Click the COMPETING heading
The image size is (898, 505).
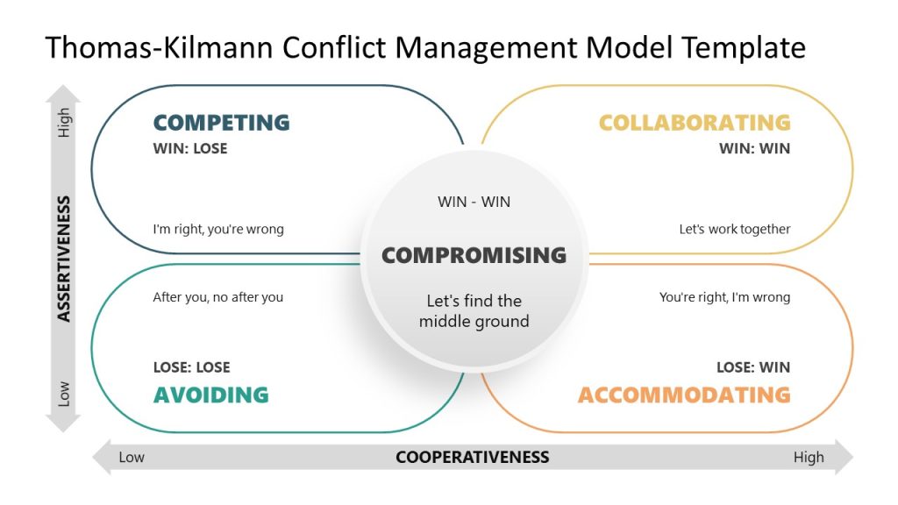pyautogui.click(x=221, y=123)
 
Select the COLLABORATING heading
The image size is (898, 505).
pyautogui.click(x=694, y=123)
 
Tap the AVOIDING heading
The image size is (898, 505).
pyautogui.click(x=210, y=395)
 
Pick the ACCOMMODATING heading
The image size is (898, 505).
pyautogui.click(x=684, y=395)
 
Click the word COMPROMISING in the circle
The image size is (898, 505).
pyautogui.click(x=474, y=255)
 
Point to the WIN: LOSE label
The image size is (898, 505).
pyautogui.click(x=189, y=149)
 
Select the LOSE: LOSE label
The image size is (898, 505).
pyautogui.click(x=191, y=367)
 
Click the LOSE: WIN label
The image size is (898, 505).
pyautogui.click(x=752, y=367)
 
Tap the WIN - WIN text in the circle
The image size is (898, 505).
pyautogui.click(x=474, y=202)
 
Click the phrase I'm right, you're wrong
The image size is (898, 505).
pyautogui.click(x=218, y=230)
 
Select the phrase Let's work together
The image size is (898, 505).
pyautogui.click(x=734, y=230)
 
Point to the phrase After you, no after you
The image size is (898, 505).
pyautogui.click(x=217, y=297)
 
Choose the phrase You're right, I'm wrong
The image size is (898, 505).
pyautogui.click(x=724, y=297)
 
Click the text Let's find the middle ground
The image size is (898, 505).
pyautogui.click(x=474, y=311)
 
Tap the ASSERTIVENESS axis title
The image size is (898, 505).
pyautogui.click(x=64, y=259)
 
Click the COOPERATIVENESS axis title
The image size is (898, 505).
pyautogui.click(x=472, y=457)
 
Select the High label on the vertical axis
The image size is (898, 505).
pyautogui.click(x=64, y=123)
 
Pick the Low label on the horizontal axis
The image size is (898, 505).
pyautogui.click(x=132, y=457)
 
